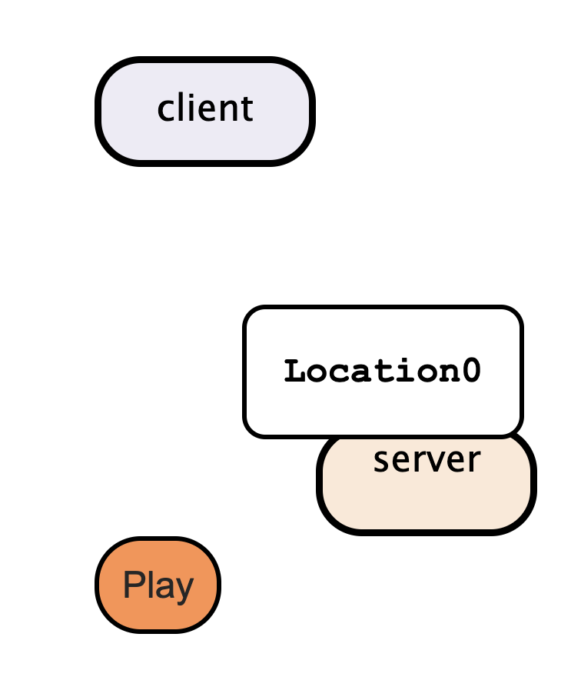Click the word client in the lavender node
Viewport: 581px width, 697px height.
click(205, 108)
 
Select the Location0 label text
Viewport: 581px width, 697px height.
click(383, 372)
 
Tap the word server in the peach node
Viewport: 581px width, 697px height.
click(427, 460)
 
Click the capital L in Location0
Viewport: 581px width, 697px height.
click(295, 372)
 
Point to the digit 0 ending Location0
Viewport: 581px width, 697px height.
click(472, 372)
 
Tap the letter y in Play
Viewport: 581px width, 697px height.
click(184, 589)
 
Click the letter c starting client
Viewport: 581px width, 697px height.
click(164, 110)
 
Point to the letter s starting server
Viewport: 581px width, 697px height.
click(380, 462)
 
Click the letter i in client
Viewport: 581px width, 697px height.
click(188, 108)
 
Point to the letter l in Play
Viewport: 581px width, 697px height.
click(150, 585)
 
